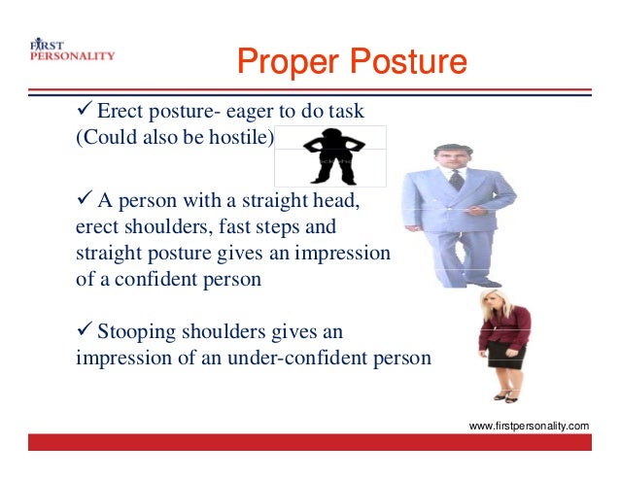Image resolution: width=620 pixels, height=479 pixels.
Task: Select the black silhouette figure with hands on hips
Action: (x=332, y=155)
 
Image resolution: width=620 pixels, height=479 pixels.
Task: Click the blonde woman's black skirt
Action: (x=507, y=356)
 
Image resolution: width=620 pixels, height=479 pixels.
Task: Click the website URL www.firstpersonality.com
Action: (x=529, y=426)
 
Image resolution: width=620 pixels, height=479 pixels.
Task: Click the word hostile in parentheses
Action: (x=241, y=137)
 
